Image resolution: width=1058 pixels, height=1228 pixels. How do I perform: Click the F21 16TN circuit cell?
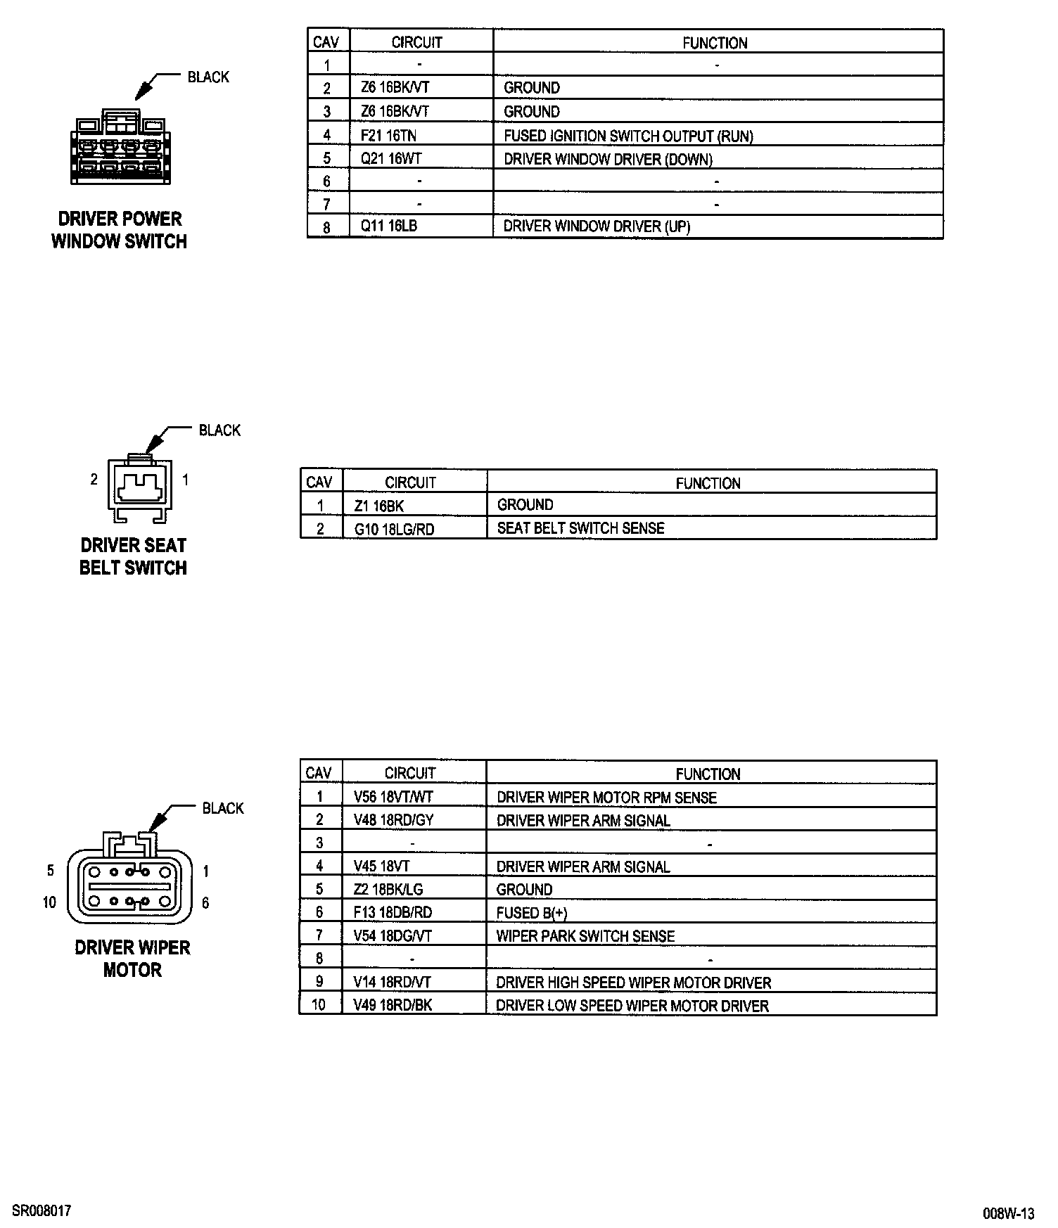pyautogui.click(x=388, y=135)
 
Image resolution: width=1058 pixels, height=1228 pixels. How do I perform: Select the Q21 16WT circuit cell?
pyautogui.click(x=390, y=158)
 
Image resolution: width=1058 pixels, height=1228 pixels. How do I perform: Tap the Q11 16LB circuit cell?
pyautogui.click(x=389, y=226)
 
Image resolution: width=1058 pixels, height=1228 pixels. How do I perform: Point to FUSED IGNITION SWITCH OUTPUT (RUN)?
pyautogui.click(x=628, y=136)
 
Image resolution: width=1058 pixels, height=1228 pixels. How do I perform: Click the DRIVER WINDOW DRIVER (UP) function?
pyautogui.click(x=597, y=226)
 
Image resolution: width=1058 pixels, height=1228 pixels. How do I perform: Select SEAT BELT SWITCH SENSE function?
pyautogui.click(x=580, y=528)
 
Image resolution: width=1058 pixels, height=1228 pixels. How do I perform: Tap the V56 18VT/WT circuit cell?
pyautogui.click(x=393, y=797)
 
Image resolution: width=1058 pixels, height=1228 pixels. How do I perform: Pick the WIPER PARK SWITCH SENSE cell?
pyautogui.click(x=585, y=936)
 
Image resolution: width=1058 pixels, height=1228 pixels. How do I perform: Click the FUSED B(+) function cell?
pyautogui.click(x=531, y=913)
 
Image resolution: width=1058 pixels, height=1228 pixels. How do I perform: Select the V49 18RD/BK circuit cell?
pyautogui.click(x=393, y=1005)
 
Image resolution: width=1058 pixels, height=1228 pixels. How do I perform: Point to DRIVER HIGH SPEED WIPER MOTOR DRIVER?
pyautogui.click(x=633, y=983)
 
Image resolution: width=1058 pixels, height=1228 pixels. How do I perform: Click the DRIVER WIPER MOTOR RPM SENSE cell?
pyautogui.click(x=606, y=798)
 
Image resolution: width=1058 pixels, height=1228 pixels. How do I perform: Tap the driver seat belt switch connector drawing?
pyautogui.click(x=138, y=490)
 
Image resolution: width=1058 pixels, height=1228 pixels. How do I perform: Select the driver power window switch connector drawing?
pyautogui.click(x=120, y=148)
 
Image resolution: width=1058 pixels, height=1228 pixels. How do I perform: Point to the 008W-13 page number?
pyautogui.click(x=1009, y=1213)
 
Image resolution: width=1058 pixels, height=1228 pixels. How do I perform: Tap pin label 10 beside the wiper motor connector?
pyautogui.click(x=49, y=902)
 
